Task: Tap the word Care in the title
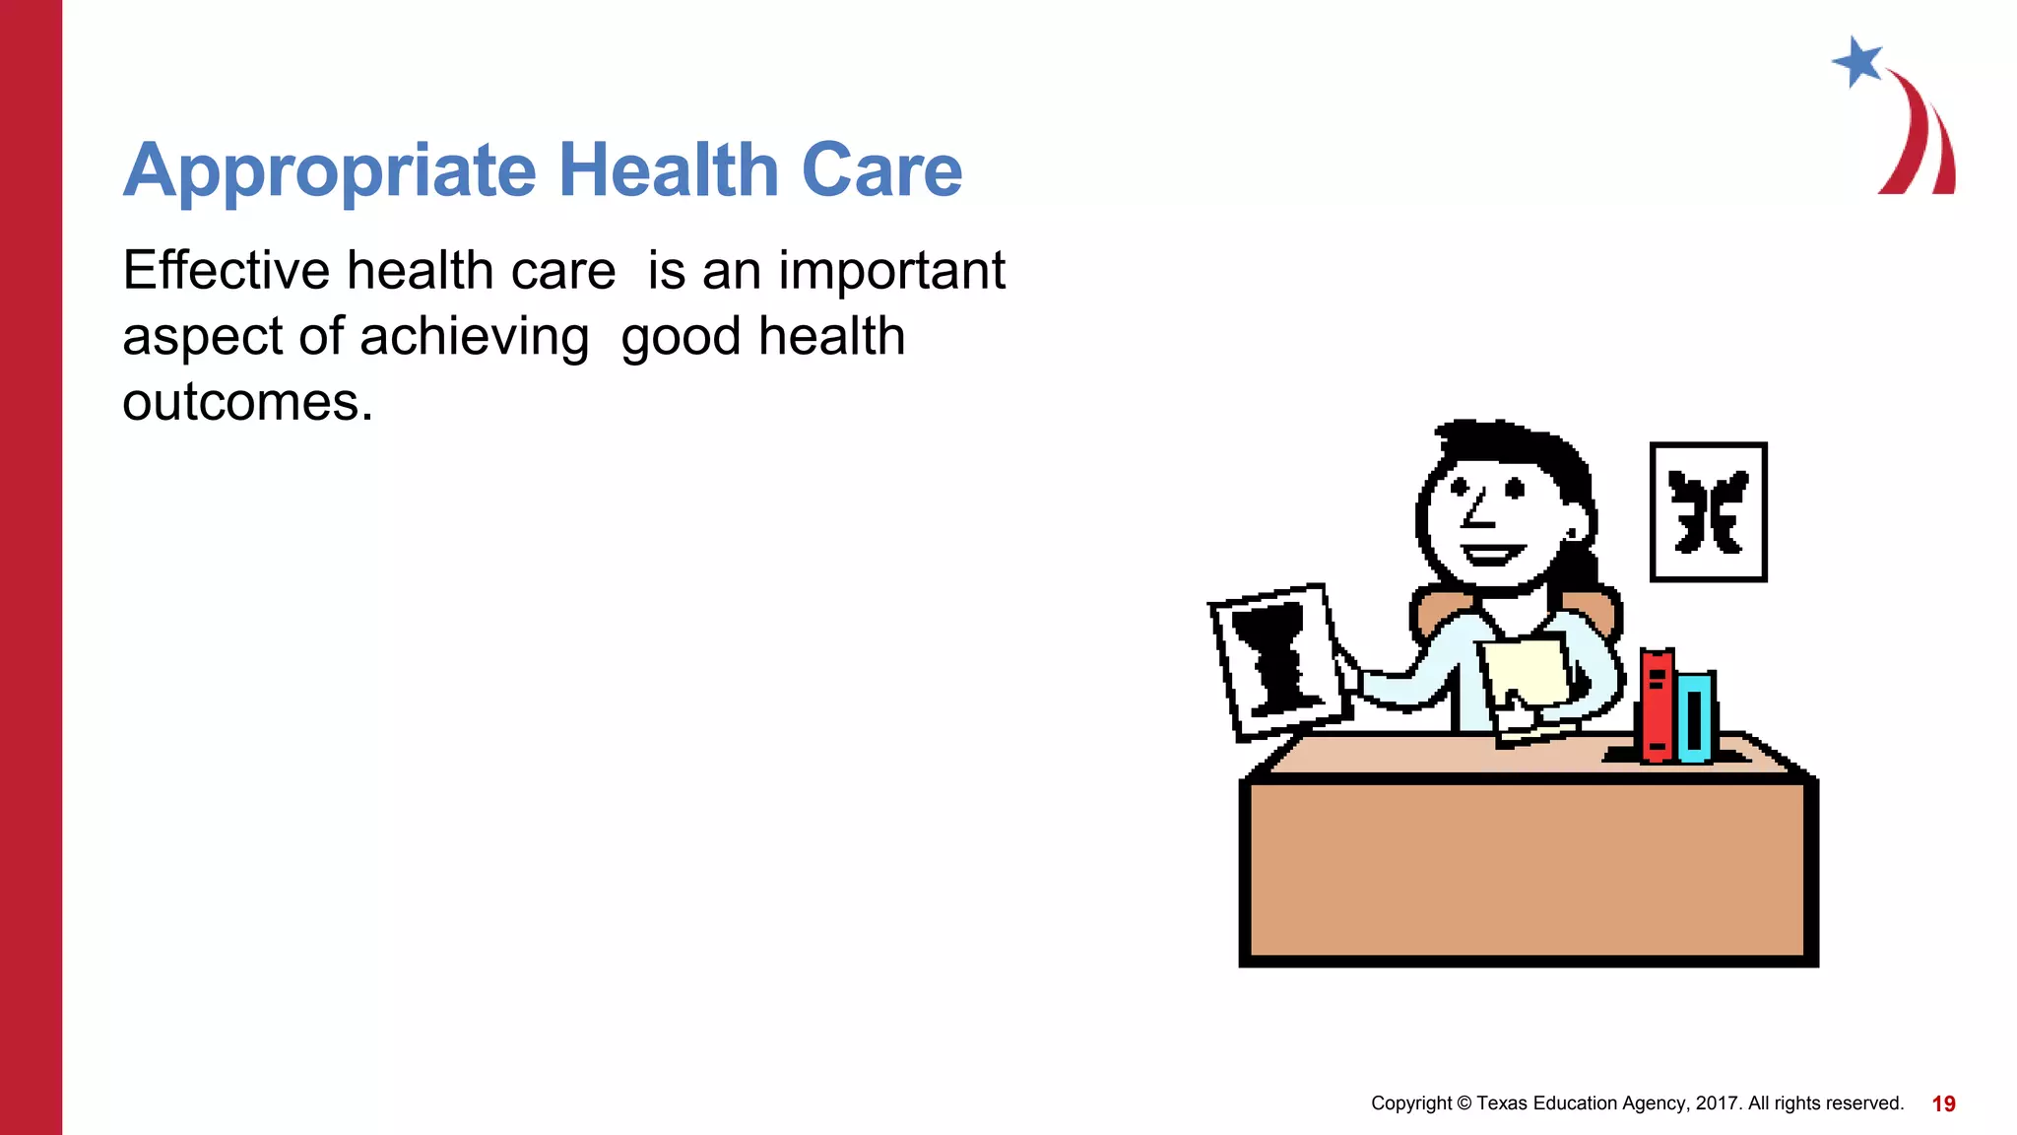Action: click(881, 170)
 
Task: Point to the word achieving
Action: click(474, 337)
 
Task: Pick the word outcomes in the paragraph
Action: click(246, 403)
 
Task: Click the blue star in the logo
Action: click(1858, 62)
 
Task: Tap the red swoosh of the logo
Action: click(1920, 138)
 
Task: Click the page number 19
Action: click(1943, 1104)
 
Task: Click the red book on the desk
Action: click(1657, 704)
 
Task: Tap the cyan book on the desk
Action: click(1695, 716)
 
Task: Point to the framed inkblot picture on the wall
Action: click(1708, 512)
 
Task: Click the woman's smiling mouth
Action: click(1491, 554)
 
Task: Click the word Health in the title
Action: click(669, 170)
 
